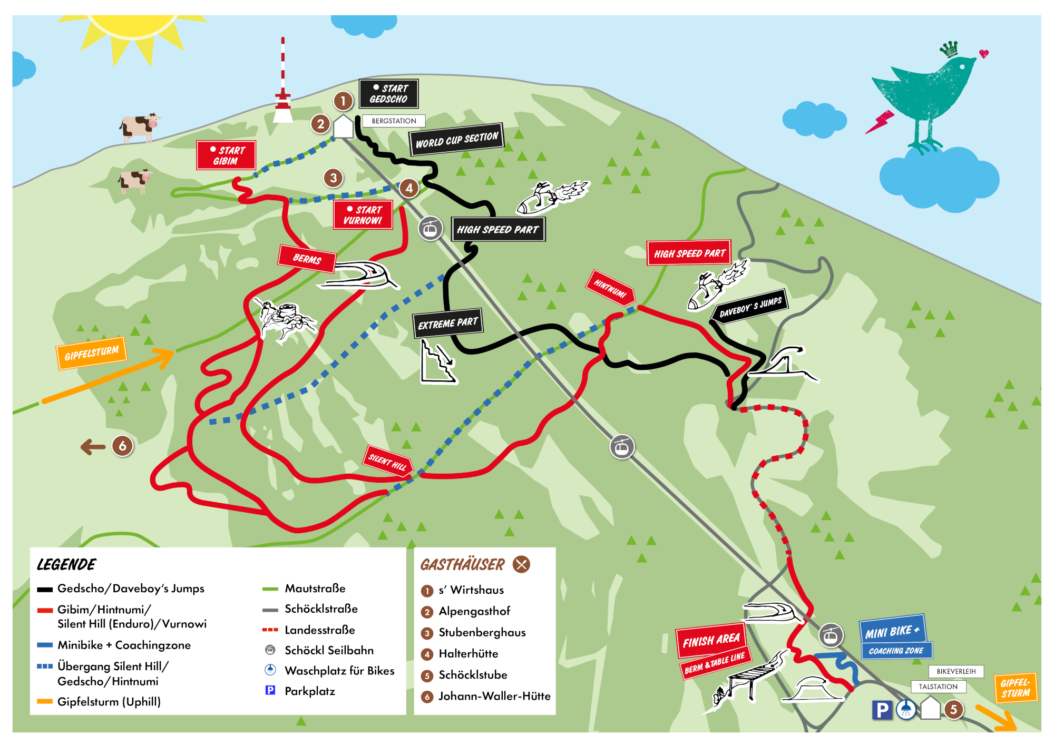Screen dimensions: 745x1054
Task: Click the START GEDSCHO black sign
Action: [x=389, y=94]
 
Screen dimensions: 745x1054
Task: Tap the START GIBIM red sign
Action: [x=226, y=155]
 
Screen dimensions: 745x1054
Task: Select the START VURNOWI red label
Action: [x=363, y=215]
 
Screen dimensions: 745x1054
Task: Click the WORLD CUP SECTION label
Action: [x=456, y=140]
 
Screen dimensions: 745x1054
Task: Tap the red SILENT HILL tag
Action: [x=387, y=462]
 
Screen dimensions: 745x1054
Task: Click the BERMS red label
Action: [x=307, y=259]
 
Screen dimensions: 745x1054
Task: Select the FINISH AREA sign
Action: [x=711, y=640]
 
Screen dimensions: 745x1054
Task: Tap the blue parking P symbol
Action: [x=882, y=710]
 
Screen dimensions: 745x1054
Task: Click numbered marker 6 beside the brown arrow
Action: [x=122, y=446]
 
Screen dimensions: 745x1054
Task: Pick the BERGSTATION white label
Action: [x=394, y=121]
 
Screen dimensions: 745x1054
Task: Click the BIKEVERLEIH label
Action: [x=956, y=671]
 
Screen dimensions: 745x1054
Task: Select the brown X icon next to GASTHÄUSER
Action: [x=521, y=564]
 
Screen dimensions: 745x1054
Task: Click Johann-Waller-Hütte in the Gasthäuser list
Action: [x=494, y=697]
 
